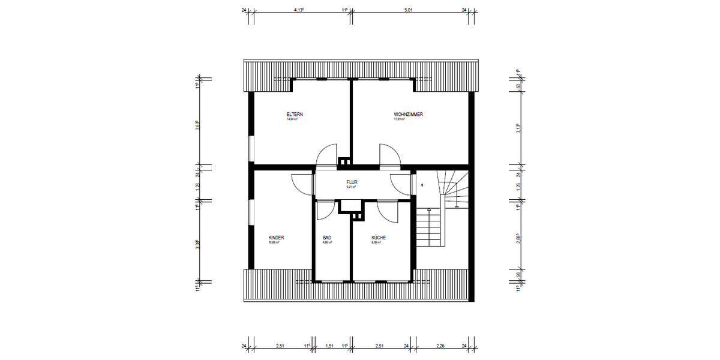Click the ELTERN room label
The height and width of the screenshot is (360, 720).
click(294, 114)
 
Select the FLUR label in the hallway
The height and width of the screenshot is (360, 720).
click(351, 181)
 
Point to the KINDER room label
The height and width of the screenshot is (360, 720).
click(276, 238)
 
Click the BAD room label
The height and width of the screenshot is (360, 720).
click(327, 238)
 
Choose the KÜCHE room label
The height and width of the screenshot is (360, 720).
click(379, 238)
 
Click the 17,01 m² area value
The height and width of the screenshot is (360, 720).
click(399, 119)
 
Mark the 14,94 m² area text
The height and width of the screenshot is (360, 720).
click(292, 119)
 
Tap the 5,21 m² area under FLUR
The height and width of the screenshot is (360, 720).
click(351, 187)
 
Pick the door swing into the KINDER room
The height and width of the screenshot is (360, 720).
click(302, 184)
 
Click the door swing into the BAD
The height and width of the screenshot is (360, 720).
click(326, 209)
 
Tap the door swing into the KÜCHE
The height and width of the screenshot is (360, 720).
click(387, 209)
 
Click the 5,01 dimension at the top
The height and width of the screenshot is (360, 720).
click(409, 10)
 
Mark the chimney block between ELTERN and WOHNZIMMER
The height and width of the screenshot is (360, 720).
click(345, 161)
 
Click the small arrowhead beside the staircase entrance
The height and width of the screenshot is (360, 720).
click(422, 185)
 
